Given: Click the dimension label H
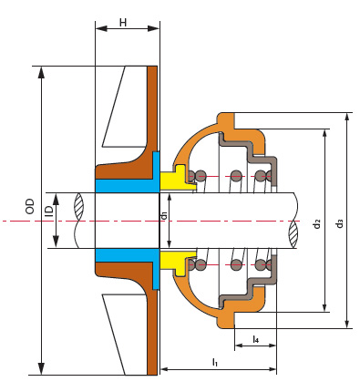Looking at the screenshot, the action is [x=123, y=23].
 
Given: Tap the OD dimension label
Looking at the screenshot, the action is [x=30, y=206].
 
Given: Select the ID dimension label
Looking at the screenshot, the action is [x=48, y=211].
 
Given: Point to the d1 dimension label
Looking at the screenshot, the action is [x=164, y=215].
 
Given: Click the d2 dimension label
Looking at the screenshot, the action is [x=317, y=223].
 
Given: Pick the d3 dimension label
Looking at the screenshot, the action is [x=340, y=223].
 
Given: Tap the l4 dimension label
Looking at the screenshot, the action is [x=256, y=339].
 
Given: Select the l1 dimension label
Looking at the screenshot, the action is [x=215, y=362].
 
